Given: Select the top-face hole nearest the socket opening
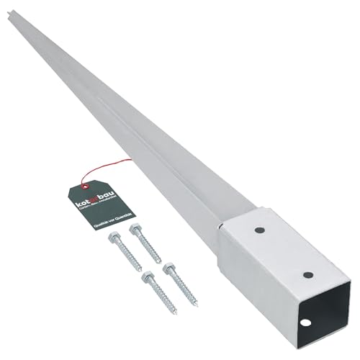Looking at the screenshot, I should click(x=307, y=274).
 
